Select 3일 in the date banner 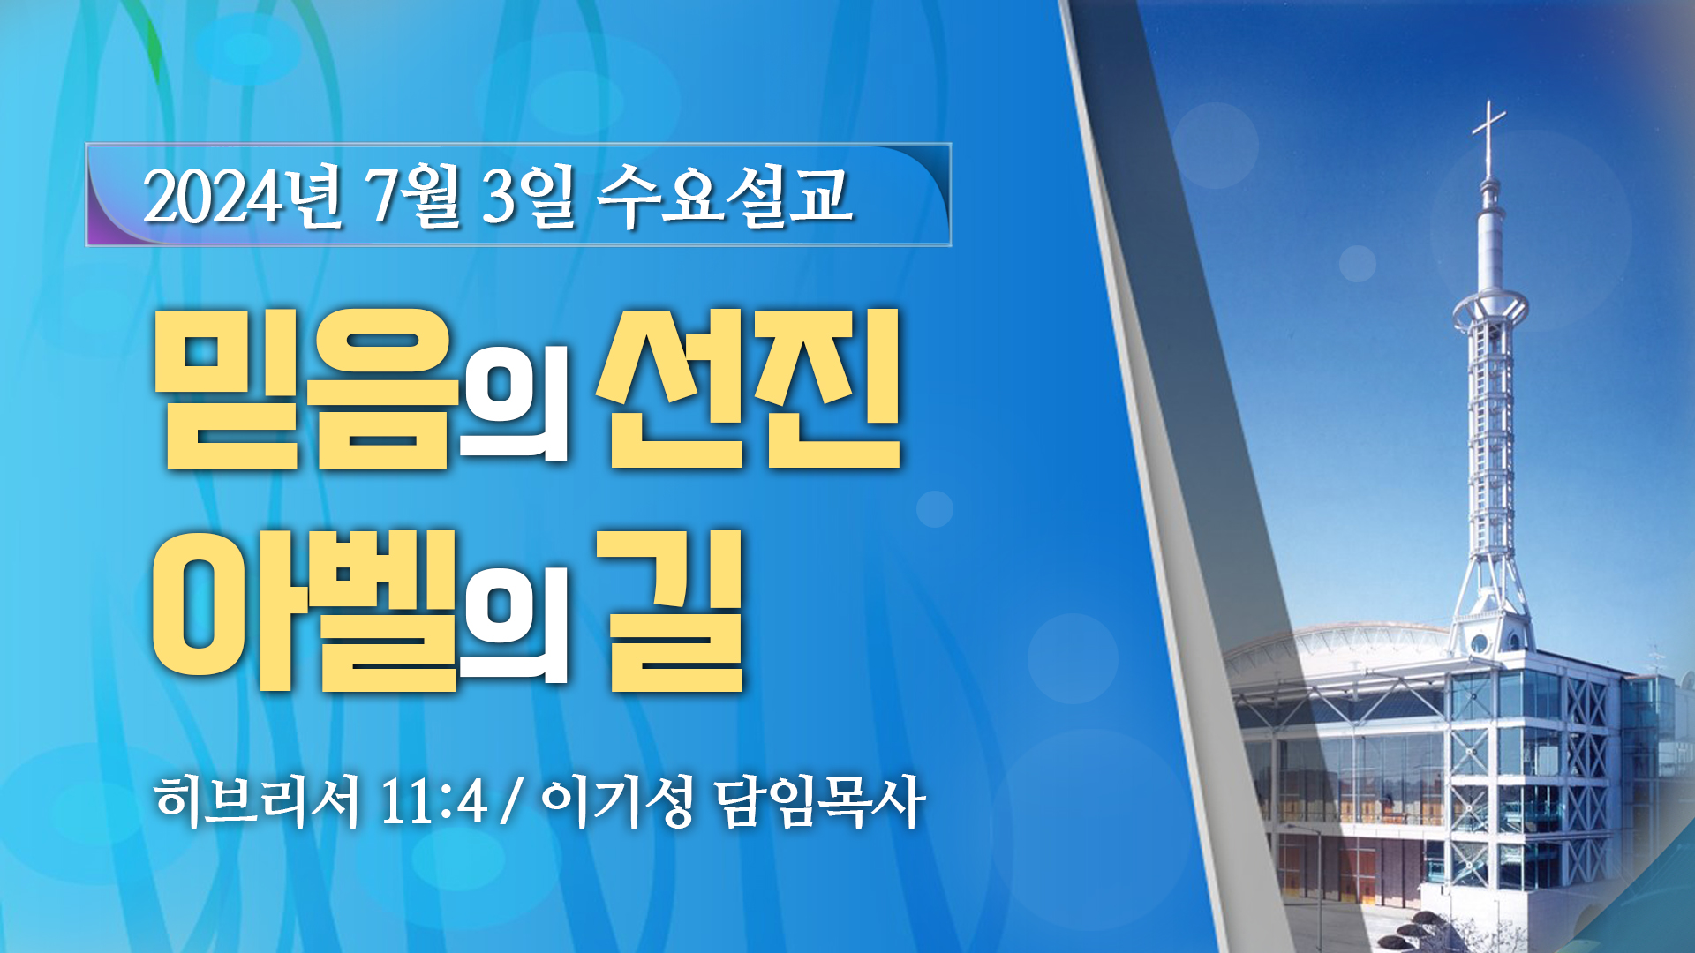(x=528, y=195)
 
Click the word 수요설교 (x=725, y=195)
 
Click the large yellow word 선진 (x=750, y=388)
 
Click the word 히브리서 (x=257, y=801)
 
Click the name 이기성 (x=617, y=801)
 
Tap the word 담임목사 (x=819, y=801)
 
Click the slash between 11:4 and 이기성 (x=509, y=803)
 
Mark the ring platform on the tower (x=1490, y=309)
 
